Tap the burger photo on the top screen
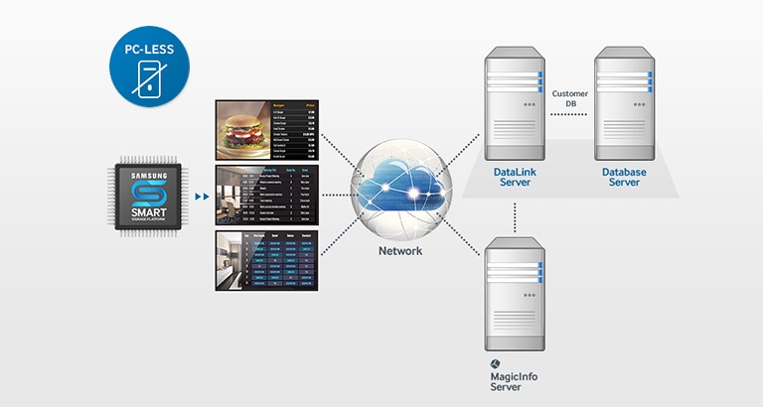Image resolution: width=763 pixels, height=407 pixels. coord(243,131)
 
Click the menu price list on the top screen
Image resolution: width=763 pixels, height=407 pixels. coord(294,131)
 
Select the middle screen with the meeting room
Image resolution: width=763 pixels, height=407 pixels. coord(267,197)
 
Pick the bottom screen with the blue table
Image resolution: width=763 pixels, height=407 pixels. coord(267,260)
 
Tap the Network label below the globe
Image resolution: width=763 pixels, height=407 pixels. coord(400,251)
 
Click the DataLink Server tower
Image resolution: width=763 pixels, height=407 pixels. coord(515,104)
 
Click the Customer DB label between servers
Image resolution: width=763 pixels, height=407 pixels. coord(570,97)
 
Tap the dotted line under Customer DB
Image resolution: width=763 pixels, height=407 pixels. coord(570,115)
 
